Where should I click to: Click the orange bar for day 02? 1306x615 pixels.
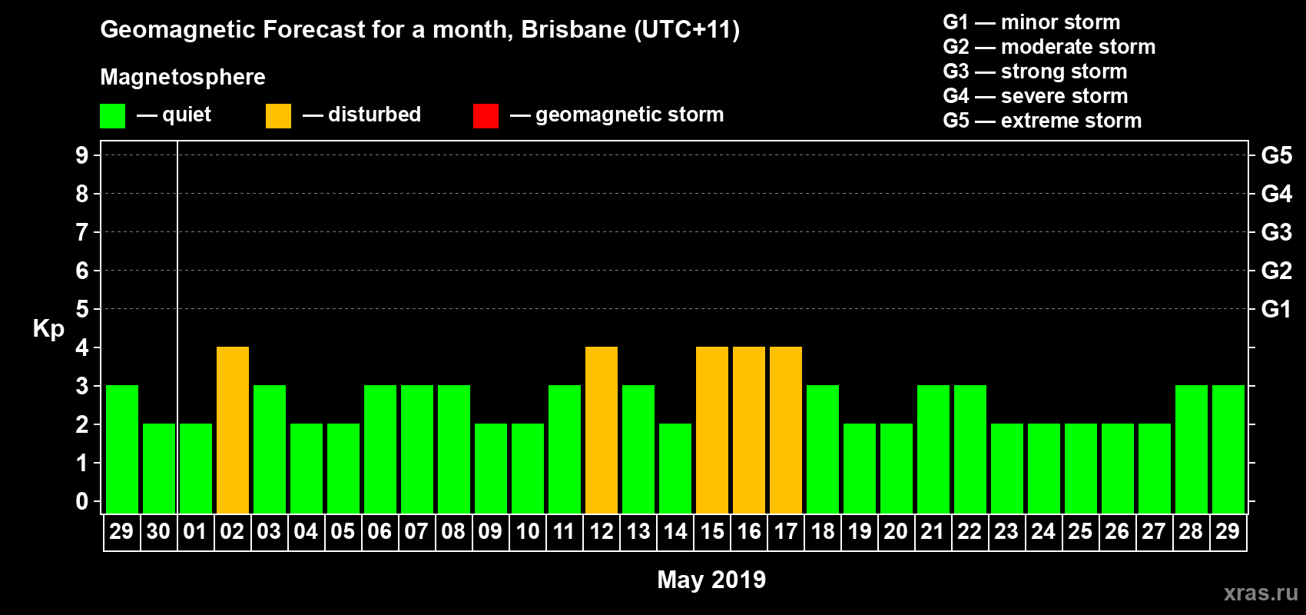click(233, 430)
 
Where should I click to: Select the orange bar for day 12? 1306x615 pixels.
click(602, 430)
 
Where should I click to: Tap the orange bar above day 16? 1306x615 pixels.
click(749, 430)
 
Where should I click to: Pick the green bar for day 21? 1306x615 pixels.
click(933, 450)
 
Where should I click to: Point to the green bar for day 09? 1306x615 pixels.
click(491, 469)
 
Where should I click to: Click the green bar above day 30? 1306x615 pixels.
click(159, 469)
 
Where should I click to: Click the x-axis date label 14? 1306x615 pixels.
click(675, 531)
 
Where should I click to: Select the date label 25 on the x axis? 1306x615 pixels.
click(1080, 531)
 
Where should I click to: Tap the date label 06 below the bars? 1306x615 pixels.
click(380, 531)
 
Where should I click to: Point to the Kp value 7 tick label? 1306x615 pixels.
click(82, 232)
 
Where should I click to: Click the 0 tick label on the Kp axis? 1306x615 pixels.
click(82, 501)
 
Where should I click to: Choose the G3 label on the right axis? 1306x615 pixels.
click(1276, 232)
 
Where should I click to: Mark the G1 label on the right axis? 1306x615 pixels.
click(1276, 309)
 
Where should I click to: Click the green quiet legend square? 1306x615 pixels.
click(112, 116)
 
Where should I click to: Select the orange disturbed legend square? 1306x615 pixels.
click(278, 116)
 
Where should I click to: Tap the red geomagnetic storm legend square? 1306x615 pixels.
click(486, 116)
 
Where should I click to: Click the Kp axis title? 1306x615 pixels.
click(48, 328)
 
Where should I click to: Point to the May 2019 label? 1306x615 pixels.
click(711, 580)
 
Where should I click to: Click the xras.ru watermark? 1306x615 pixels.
click(1261, 593)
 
